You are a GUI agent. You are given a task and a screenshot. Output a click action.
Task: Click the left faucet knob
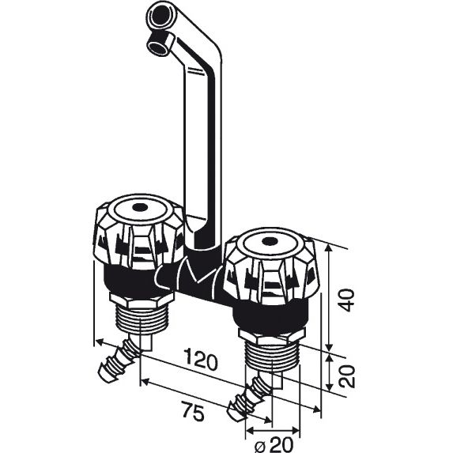(x=139, y=232)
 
